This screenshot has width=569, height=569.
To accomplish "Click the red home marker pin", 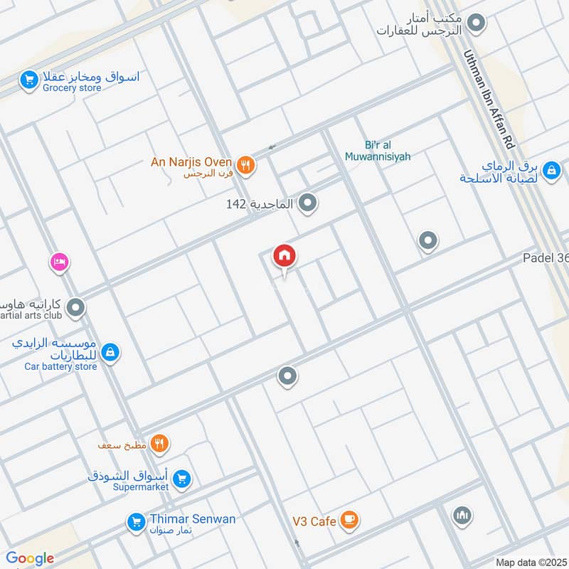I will (x=284, y=257).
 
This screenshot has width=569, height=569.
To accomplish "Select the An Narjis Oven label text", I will (x=191, y=162).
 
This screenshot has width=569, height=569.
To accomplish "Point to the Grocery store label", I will (x=72, y=88).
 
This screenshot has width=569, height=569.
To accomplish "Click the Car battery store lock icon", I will (x=110, y=351).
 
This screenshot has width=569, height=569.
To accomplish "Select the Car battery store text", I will (x=60, y=366).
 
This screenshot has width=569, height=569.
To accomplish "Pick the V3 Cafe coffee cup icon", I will (x=349, y=521).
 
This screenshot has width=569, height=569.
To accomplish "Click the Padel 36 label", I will (x=546, y=258).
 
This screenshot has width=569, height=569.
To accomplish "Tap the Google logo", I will (x=30, y=559).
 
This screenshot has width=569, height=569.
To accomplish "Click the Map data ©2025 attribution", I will (x=531, y=562).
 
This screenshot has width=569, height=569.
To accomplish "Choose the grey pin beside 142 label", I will (x=307, y=204).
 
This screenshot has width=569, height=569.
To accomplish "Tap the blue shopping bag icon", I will (x=551, y=171).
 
